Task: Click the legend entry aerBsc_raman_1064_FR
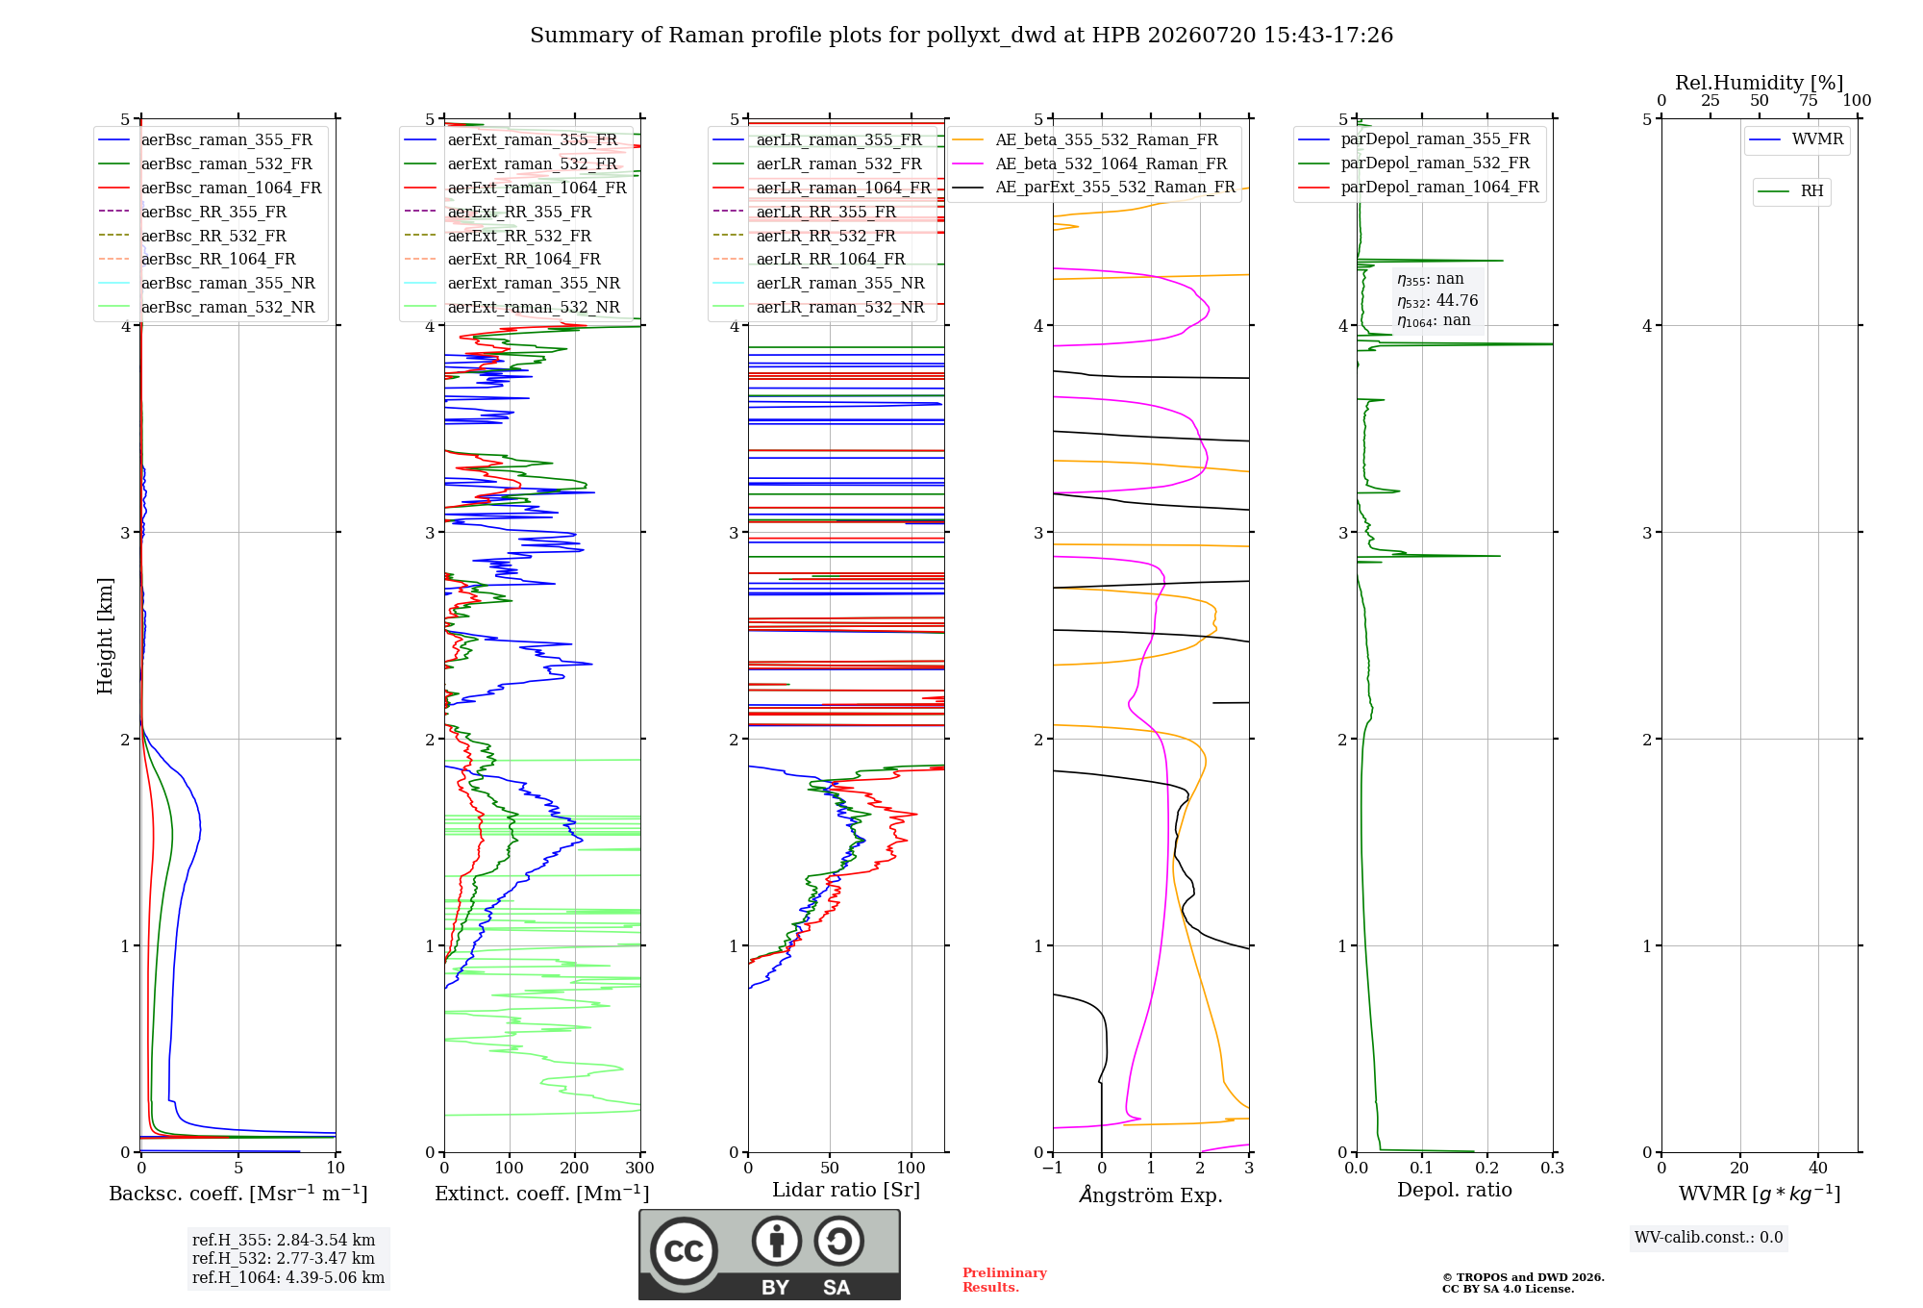[x=210, y=188]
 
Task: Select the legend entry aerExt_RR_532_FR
[x=498, y=236]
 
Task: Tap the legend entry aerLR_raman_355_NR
[x=818, y=283]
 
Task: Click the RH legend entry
[x=1790, y=191]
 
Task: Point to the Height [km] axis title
[x=105, y=636]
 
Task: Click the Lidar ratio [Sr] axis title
[x=846, y=1190]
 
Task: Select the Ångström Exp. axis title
[x=1151, y=1195]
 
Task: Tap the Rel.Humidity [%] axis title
[x=1760, y=83]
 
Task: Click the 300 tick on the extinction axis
[x=640, y=1168]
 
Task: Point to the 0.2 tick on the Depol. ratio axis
[x=1487, y=1168]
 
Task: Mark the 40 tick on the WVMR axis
[x=1818, y=1168]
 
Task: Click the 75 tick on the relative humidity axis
[x=1809, y=100]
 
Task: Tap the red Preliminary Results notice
[x=1005, y=1280]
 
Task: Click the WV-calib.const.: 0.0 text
[x=1709, y=1238]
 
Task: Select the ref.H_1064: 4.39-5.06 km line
[x=288, y=1277]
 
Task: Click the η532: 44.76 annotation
[x=1437, y=300]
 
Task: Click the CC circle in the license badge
[x=685, y=1250]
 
